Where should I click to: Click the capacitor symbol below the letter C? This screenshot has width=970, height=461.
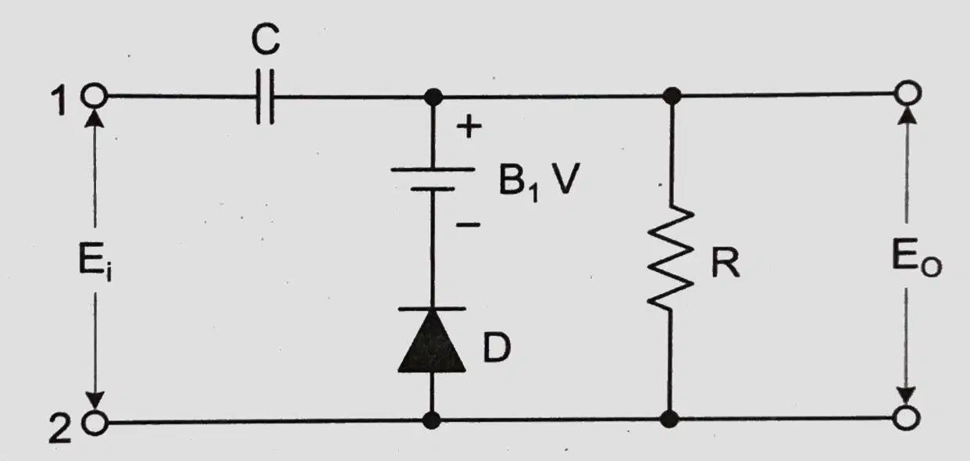265,97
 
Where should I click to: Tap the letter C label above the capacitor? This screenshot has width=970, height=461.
266,39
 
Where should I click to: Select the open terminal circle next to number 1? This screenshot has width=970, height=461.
95,95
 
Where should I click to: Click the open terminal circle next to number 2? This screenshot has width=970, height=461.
95,422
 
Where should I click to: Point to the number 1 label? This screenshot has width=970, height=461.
59,100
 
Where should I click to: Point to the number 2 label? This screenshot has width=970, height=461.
60,428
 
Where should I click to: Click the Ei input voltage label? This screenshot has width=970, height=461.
95,260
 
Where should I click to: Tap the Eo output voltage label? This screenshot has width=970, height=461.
916,257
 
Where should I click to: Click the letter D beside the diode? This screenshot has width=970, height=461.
497,348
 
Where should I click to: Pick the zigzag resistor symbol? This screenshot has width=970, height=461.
670,258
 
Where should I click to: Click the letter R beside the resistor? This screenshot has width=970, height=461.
726,263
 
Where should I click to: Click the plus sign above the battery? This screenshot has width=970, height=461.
469,127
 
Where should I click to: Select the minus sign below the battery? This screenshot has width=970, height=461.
468,224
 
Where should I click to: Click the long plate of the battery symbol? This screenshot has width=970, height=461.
433,170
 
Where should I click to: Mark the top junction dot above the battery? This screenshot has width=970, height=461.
433,97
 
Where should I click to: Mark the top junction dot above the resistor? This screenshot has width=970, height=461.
672,96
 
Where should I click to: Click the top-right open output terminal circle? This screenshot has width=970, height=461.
908,93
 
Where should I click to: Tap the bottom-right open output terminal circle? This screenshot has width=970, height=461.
906,418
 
